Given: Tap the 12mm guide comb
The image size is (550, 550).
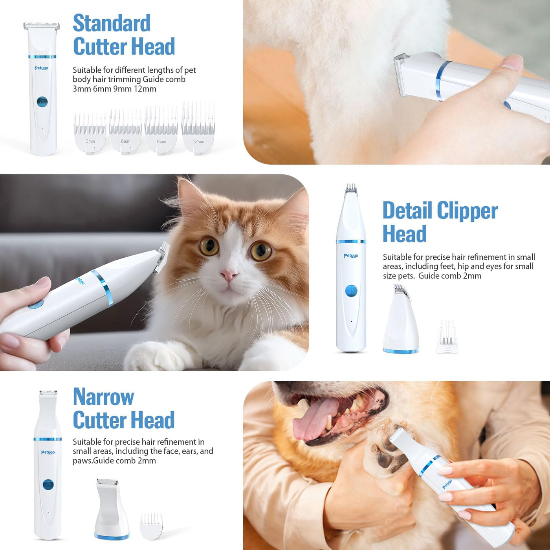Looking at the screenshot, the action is [198, 128].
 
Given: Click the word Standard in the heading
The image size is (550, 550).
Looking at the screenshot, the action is [112, 23].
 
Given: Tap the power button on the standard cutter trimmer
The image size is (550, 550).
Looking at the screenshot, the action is [42, 102].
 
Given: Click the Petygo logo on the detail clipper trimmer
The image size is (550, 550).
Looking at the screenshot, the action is [351, 256].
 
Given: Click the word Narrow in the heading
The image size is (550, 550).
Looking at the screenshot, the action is [103, 396].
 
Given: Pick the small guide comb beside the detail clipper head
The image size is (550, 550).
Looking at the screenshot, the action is [447, 337].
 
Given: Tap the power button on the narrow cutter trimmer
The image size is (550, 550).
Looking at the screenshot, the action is [48, 485].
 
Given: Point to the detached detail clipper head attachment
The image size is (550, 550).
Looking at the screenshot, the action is [401, 320].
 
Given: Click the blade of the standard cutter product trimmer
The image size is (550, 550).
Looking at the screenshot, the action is [42, 26].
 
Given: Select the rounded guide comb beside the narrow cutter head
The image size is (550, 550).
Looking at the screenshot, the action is [151, 526].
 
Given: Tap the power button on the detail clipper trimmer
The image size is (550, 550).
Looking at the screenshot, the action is [351, 291].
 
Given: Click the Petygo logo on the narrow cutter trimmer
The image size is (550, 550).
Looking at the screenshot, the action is [48, 452].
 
